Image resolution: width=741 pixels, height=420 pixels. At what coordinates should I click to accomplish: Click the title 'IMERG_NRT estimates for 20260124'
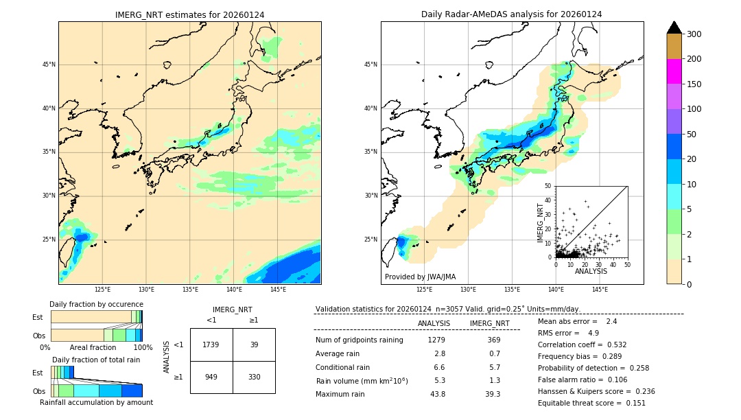point(189,14)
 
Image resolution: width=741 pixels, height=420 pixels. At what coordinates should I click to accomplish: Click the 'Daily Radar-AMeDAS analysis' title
point(511,14)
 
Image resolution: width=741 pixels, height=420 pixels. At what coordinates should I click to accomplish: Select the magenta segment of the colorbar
point(674,71)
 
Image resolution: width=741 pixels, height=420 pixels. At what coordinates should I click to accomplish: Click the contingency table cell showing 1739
point(211,345)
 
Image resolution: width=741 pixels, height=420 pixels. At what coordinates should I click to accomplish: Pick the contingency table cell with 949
point(211,377)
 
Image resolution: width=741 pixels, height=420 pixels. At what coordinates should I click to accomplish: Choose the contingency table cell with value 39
point(254,345)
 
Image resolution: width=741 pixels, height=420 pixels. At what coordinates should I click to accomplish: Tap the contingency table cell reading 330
point(254,377)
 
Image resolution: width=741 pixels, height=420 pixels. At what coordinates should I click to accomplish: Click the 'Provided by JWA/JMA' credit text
point(420,277)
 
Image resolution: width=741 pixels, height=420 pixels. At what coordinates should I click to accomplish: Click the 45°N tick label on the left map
point(49,65)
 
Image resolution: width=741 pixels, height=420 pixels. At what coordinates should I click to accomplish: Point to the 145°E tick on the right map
point(600,290)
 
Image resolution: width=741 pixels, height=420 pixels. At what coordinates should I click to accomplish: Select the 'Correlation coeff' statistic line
point(582,345)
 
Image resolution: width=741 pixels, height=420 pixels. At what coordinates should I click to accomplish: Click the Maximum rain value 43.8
point(437,394)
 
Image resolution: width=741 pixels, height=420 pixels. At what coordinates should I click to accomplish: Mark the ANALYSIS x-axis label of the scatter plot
point(591,271)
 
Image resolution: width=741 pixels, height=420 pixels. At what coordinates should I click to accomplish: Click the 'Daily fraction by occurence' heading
point(96,304)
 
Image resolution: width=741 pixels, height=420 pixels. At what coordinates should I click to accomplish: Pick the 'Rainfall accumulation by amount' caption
point(96,402)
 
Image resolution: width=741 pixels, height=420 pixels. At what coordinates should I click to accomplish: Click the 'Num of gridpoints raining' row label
point(360,340)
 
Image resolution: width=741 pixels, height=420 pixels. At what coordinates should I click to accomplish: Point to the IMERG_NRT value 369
point(493,340)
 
